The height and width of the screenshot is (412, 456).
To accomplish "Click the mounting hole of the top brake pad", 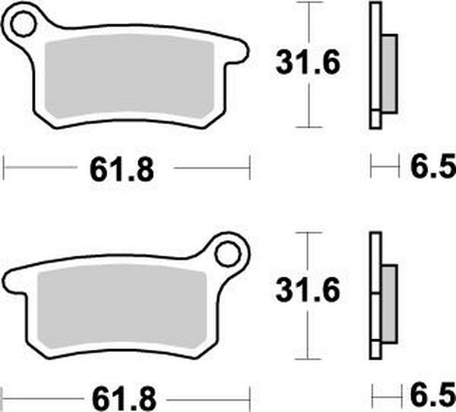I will (x=24, y=25).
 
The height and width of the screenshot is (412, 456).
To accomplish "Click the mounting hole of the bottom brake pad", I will (x=228, y=253).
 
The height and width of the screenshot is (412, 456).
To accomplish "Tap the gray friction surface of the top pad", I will (x=129, y=79).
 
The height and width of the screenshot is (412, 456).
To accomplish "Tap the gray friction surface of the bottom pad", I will (x=122, y=307).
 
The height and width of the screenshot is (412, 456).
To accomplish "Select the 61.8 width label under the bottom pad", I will (x=122, y=397).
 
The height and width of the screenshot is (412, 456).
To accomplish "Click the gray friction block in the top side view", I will (x=388, y=74).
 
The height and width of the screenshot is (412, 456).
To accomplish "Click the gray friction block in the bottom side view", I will (x=388, y=303).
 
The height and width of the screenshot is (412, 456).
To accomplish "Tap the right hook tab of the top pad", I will (x=239, y=53).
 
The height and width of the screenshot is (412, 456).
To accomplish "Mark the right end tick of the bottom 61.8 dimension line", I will (x=250, y=395).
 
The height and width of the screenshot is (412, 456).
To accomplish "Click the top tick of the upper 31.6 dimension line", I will (x=306, y=4).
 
